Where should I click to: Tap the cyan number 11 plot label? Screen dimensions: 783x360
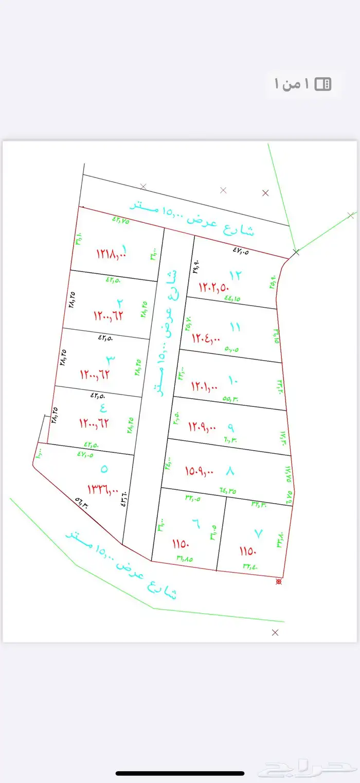[x=235, y=326]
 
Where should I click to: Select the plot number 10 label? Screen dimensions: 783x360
[x=233, y=380]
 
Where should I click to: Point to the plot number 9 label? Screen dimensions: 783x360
[x=230, y=426]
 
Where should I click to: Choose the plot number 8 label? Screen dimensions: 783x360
[x=229, y=470]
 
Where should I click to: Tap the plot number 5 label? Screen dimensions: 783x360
[x=104, y=469]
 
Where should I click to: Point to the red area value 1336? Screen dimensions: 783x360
[x=103, y=488]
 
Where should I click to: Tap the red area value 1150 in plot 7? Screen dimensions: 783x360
[x=247, y=551]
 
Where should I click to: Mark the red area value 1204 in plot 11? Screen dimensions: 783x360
[x=206, y=338]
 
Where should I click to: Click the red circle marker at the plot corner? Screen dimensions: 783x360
[x=279, y=581]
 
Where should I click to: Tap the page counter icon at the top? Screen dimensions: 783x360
[x=323, y=84]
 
